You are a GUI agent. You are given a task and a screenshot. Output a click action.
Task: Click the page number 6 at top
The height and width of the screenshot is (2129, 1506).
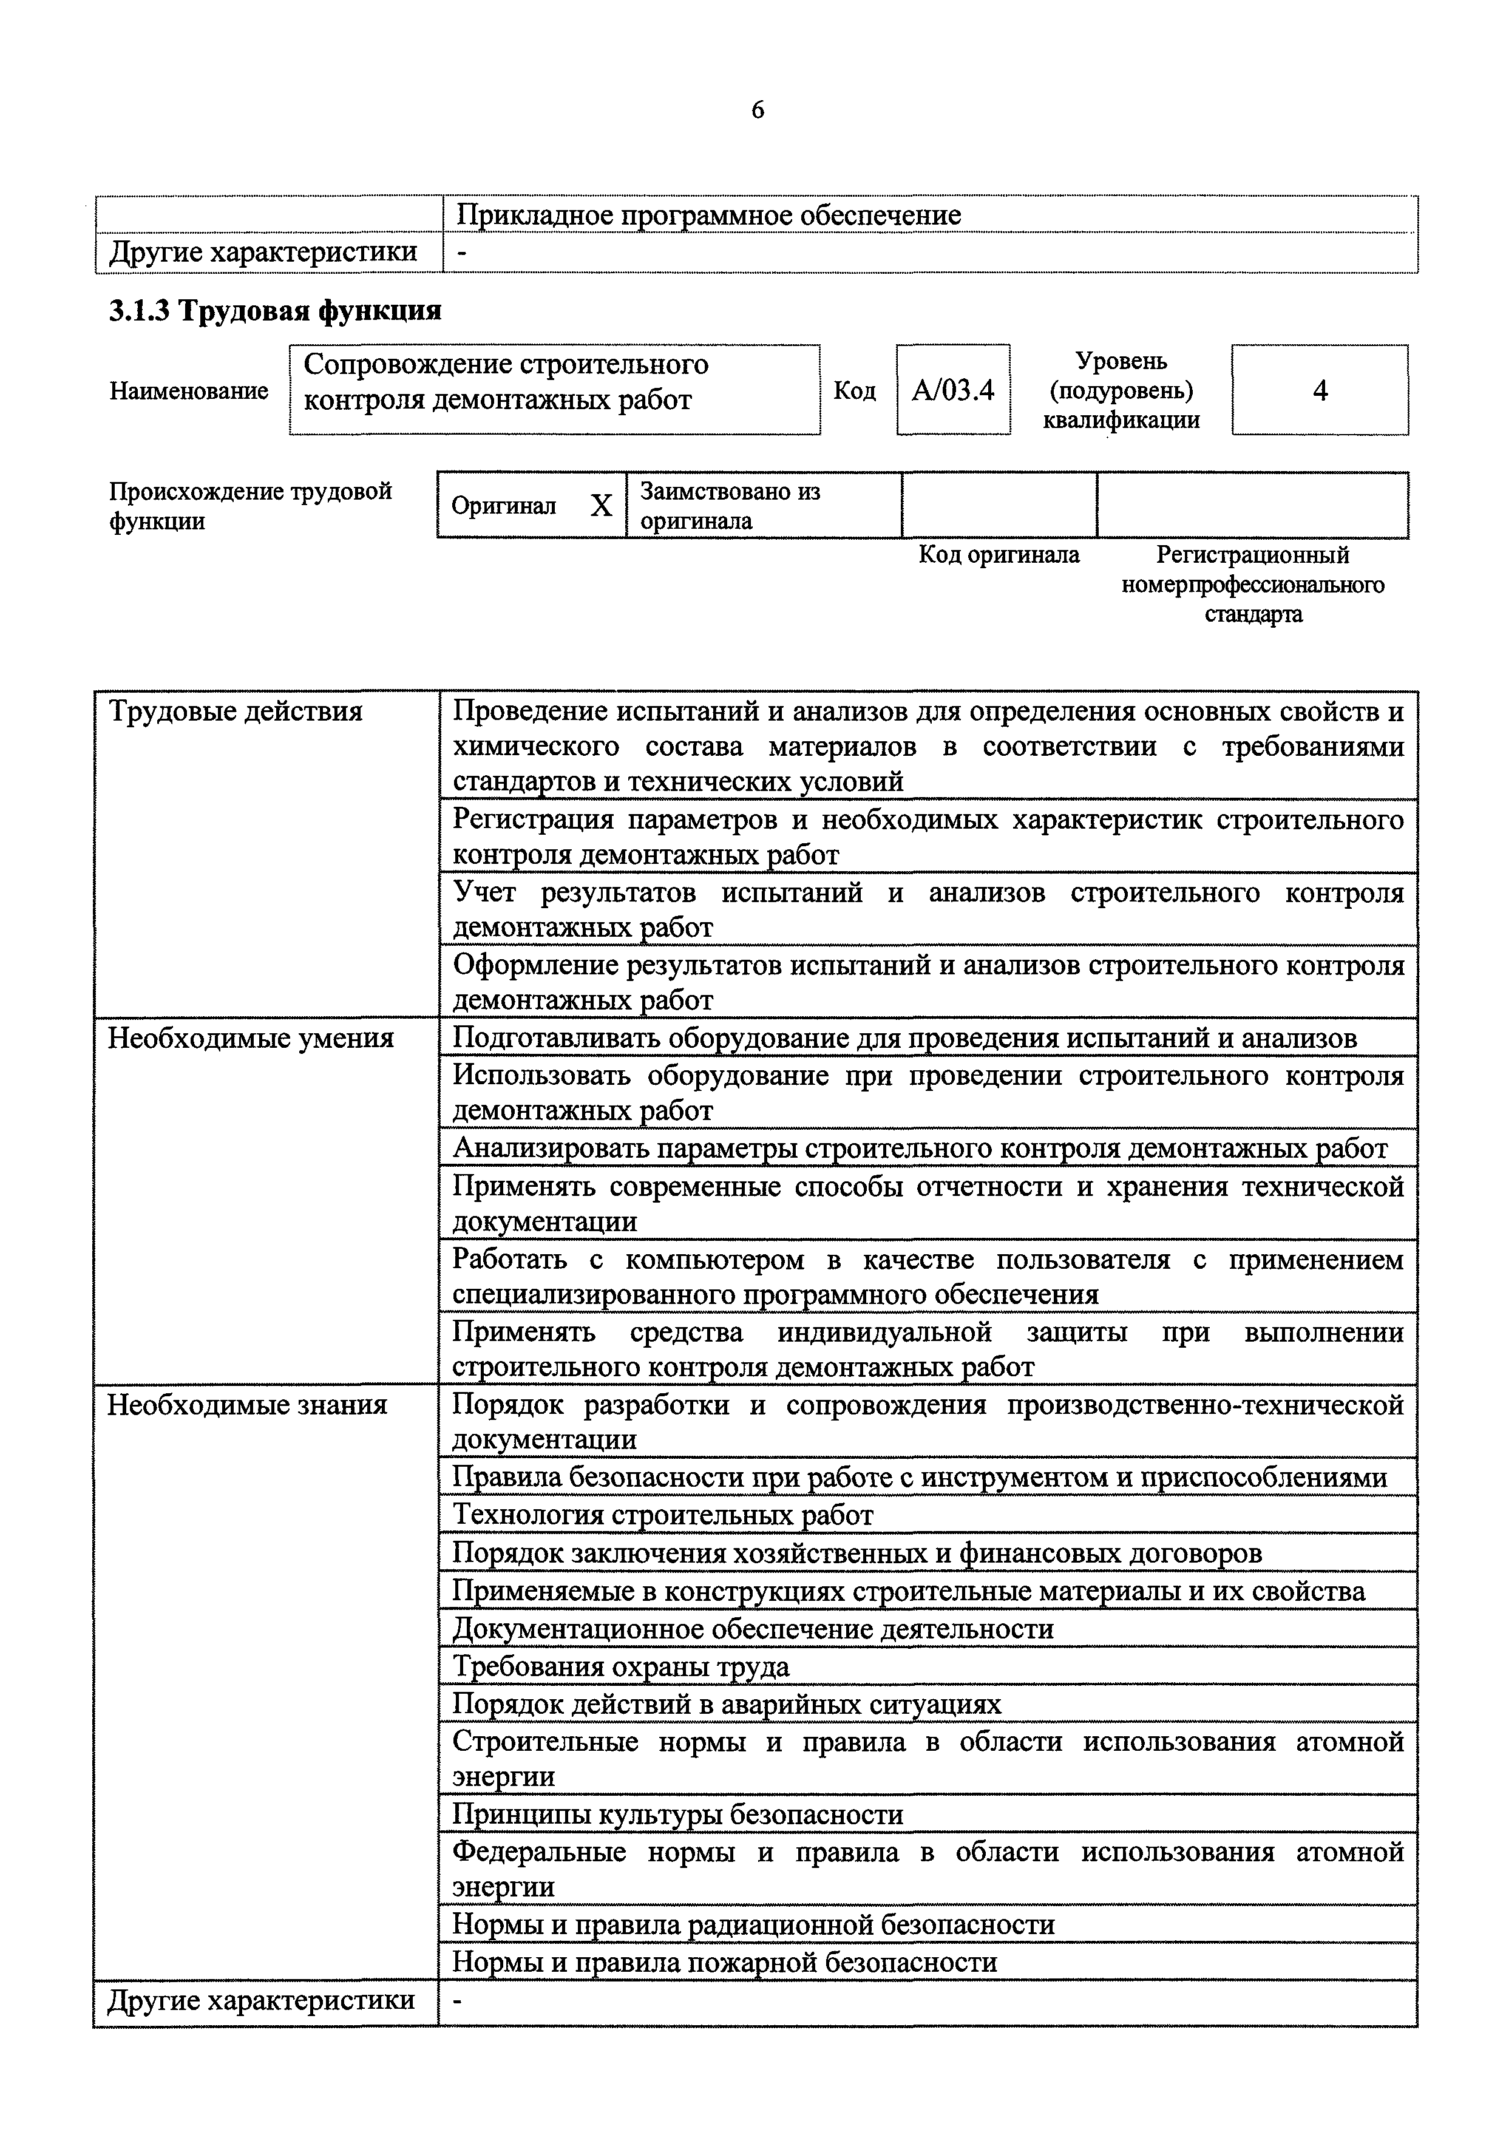click(757, 110)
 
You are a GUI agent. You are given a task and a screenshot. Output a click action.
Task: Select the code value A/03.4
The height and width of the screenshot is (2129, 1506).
click(952, 390)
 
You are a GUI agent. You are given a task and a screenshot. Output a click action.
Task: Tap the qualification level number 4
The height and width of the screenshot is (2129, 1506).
click(1320, 390)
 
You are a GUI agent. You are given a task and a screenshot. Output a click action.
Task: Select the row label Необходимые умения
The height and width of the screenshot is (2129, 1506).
click(250, 1037)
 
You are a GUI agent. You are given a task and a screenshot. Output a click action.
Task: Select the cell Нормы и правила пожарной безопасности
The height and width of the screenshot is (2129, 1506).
click(724, 1961)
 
